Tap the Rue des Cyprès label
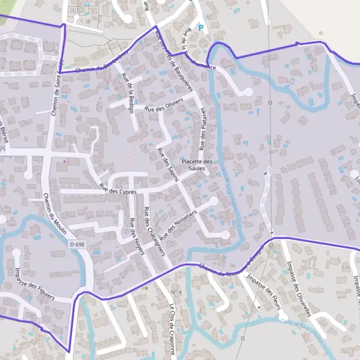118,189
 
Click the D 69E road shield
77,244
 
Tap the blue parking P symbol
201,28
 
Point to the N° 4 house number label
176,292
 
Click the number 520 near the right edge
344,267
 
